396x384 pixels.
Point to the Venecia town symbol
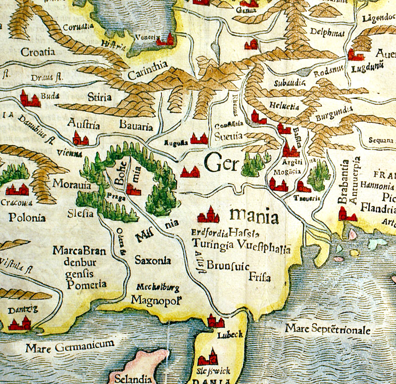168,40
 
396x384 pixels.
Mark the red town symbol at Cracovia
18,190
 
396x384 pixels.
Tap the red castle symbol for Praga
132,190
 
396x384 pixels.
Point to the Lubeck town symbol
215,321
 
